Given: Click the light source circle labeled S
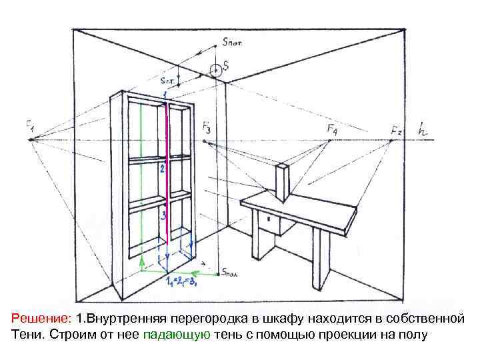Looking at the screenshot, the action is click(215, 69).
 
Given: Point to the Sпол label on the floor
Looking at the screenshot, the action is click(231, 273).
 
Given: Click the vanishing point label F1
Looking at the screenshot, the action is click(30, 125).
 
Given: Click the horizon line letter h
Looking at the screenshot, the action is click(423, 130).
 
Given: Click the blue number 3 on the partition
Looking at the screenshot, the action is click(162, 215).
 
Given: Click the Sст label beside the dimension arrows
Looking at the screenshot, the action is click(167, 78).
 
